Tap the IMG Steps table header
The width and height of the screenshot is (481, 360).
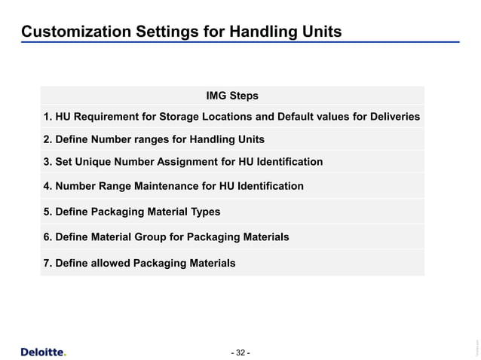[232, 96]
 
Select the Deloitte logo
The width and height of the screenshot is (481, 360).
[43, 352]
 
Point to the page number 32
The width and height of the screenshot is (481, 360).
[240, 352]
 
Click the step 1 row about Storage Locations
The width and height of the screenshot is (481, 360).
[231, 117]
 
